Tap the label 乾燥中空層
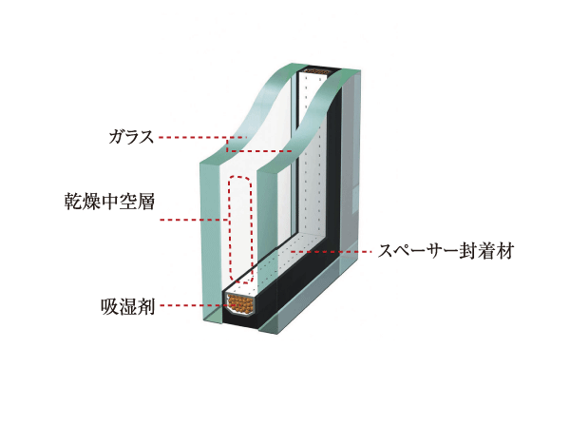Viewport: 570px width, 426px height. (105, 202)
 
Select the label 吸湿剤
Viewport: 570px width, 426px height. (126, 306)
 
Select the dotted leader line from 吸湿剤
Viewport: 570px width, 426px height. (190, 306)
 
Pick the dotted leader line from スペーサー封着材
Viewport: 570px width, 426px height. (332, 252)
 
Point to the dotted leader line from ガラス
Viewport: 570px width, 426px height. (195, 139)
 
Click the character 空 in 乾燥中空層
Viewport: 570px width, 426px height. (125, 202)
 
